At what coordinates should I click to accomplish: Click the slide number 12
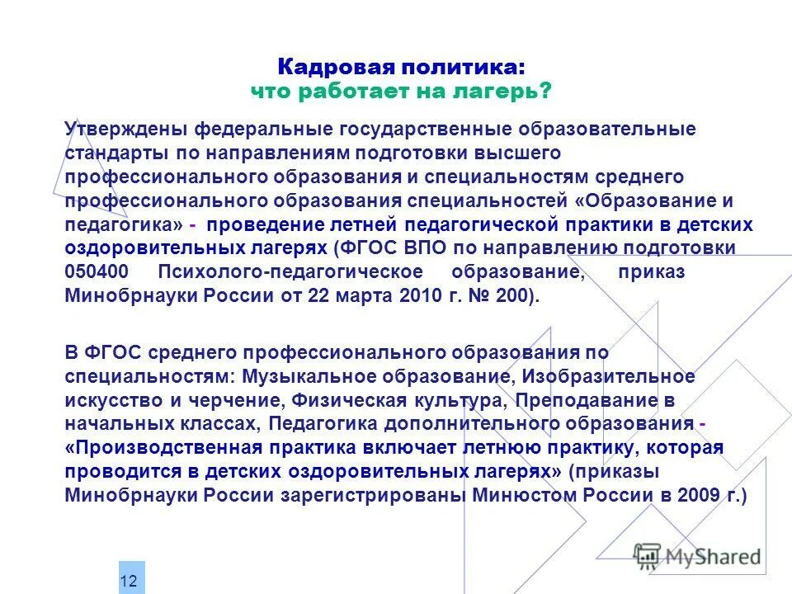(129, 581)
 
